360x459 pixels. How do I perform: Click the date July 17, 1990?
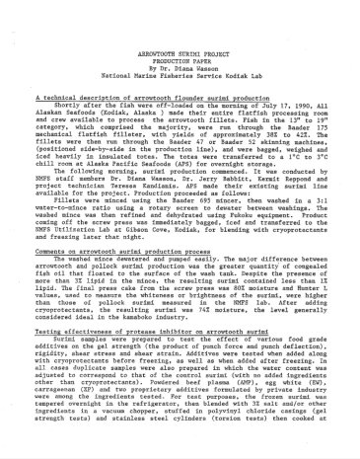pyautogui.click(x=253, y=106)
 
